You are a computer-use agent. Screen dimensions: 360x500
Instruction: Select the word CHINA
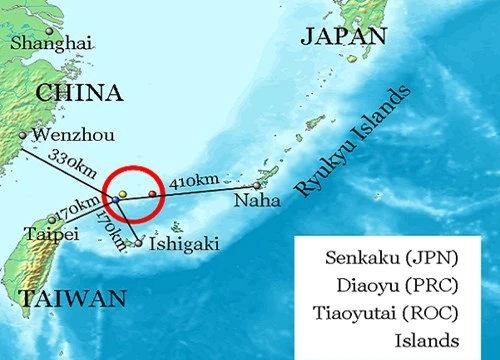click(x=80, y=93)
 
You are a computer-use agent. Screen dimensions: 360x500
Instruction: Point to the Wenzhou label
click(x=68, y=135)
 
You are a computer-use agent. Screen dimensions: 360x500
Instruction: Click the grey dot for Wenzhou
click(x=22, y=135)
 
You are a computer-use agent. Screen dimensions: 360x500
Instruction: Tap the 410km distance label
click(x=193, y=181)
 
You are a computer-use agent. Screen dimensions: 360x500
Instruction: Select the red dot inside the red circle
click(x=153, y=193)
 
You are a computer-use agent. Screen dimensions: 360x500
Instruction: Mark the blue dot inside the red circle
click(x=116, y=200)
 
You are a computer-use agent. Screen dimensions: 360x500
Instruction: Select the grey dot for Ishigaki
click(x=139, y=243)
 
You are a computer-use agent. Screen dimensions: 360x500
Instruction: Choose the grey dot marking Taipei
click(x=52, y=220)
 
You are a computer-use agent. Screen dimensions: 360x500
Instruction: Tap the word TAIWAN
click(x=71, y=298)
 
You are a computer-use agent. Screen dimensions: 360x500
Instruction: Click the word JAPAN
click(x=343, y=37)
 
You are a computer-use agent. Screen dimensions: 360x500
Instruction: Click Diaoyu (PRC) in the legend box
click(x=393, y=284)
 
